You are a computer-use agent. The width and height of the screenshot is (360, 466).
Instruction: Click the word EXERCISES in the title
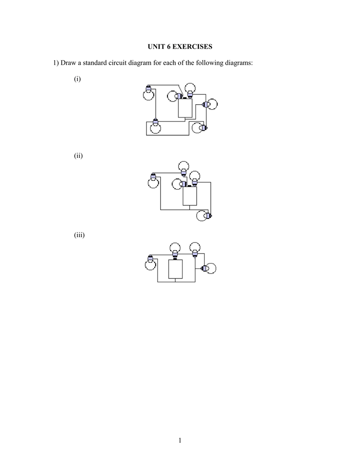(193, 46)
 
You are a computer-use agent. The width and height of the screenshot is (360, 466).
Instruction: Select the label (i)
(77, 79)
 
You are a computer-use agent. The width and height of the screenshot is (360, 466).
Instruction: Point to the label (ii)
(78, 156)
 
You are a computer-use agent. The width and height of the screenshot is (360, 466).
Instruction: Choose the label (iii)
(79, 235)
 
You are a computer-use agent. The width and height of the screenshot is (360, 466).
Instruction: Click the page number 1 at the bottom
(180, 440)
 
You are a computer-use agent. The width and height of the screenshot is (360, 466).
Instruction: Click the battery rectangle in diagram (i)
(185, 108)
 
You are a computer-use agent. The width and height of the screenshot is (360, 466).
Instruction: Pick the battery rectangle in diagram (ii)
(190, 196)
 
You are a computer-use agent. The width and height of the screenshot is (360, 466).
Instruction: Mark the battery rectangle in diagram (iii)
(175, 269)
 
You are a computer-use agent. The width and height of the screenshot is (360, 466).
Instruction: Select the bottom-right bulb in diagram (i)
(198, 127)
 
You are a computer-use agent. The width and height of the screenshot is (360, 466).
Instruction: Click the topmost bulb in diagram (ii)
(184, 167)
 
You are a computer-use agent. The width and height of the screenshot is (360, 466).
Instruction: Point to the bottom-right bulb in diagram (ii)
(203, 216)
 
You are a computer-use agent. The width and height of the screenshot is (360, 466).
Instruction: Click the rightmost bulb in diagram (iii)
(209, 268)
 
